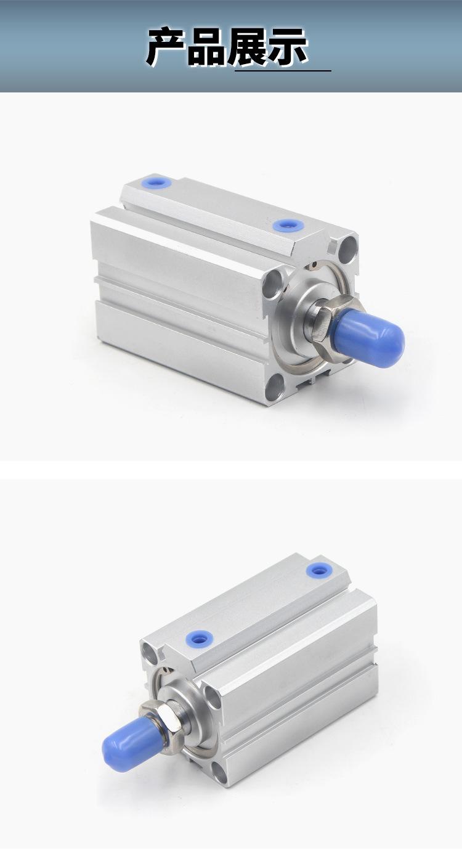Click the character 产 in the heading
tap(168, 47)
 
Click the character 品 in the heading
tap(208, 47)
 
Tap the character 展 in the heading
tap(247, 47)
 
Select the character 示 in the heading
tap(288, 47)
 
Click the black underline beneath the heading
tap(283, 71)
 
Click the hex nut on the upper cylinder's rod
tap(323, 319)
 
